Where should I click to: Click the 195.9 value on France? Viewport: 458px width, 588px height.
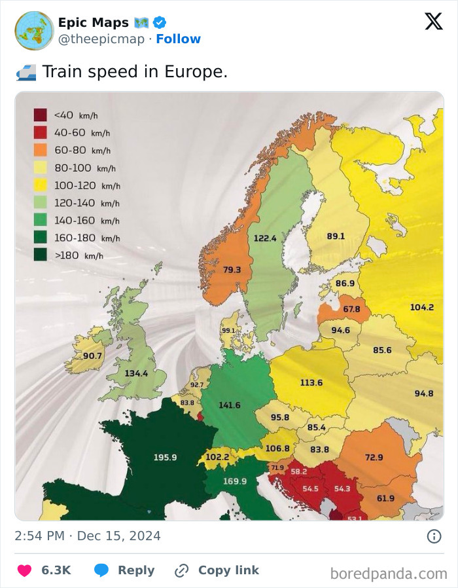coord(165,457)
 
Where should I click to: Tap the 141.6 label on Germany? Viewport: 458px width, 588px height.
coord(229,405)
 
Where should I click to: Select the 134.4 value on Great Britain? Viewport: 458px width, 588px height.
coord(136,373)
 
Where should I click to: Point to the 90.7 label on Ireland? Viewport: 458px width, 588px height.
coord(92,356)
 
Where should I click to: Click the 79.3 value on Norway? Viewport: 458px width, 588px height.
coord(232,269)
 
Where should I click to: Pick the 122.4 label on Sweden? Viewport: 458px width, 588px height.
coord(265,238)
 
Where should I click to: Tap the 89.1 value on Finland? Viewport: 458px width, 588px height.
coord(336,236)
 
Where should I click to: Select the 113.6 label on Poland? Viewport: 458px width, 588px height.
coord(311,382)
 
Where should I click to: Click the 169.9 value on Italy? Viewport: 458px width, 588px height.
coord(235,481)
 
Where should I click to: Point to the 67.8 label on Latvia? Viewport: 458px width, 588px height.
coord(351,309)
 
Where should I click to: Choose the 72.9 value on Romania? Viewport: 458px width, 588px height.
coord(374,456)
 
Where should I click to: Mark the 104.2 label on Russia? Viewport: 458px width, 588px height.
coord(421,307)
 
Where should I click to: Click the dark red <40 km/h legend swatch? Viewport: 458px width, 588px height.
coord(41,115)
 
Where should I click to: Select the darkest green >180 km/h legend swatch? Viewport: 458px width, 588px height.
coord(41,255)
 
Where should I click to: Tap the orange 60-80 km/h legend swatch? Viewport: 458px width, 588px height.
coord(41,150)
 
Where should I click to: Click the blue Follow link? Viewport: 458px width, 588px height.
coord(178,39)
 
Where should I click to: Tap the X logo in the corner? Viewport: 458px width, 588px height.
coord(433,22)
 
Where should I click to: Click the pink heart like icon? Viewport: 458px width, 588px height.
coord(24,570)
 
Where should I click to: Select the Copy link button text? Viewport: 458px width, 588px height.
coord(228,570)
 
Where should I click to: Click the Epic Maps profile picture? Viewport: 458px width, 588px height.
coord(34,30)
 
